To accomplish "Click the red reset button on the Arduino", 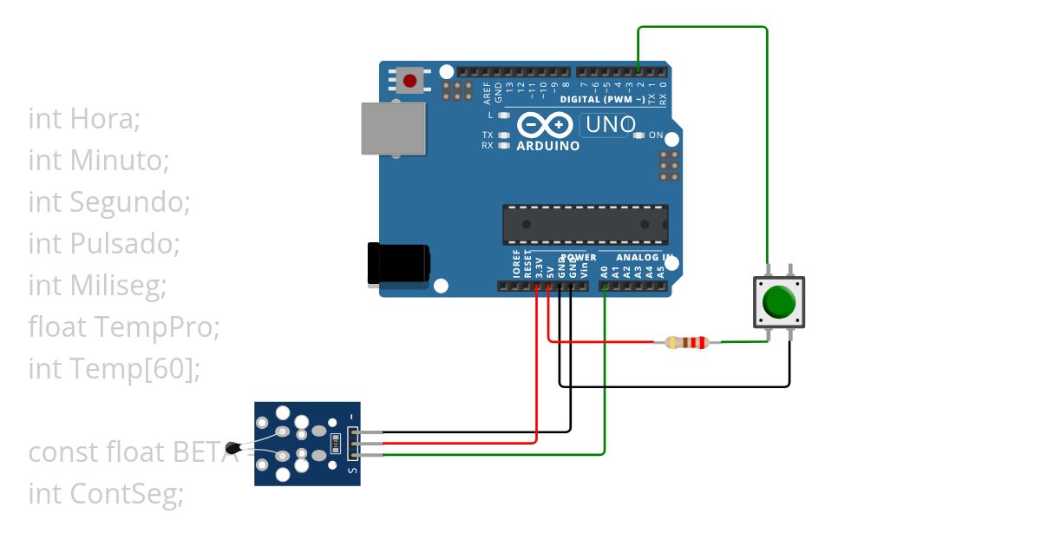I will pos(409,81).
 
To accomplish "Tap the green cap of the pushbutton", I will pos(778,302).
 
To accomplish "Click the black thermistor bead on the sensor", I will pos(232,449).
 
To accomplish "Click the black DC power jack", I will pos(398,264).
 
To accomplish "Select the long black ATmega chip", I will pos(586,224).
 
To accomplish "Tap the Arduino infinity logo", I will pos(545,126).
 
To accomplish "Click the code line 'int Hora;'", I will pos(84,118).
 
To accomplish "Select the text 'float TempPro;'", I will pos(124,326).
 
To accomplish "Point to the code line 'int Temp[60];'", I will pos(114,368).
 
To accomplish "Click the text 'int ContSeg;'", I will pos(106,494).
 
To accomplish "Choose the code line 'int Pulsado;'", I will pos(104,243).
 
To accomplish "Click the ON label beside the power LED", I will pos(656,135).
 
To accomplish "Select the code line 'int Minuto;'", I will pos(98,160).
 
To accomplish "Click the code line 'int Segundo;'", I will pos(108,201).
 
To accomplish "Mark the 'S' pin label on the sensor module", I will pos(351,471).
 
